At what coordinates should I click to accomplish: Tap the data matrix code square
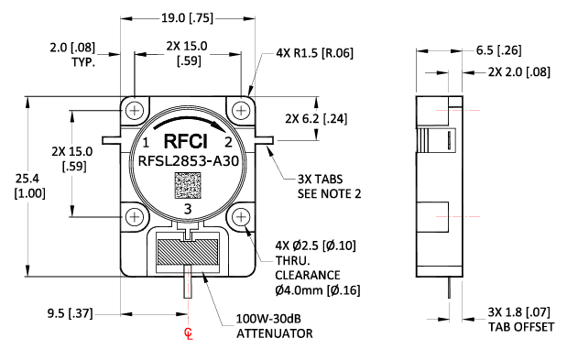189,187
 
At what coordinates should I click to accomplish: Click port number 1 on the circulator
147,143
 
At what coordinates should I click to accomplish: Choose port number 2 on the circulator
228,143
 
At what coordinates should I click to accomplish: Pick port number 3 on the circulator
188,210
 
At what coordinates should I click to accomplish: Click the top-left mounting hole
136,110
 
